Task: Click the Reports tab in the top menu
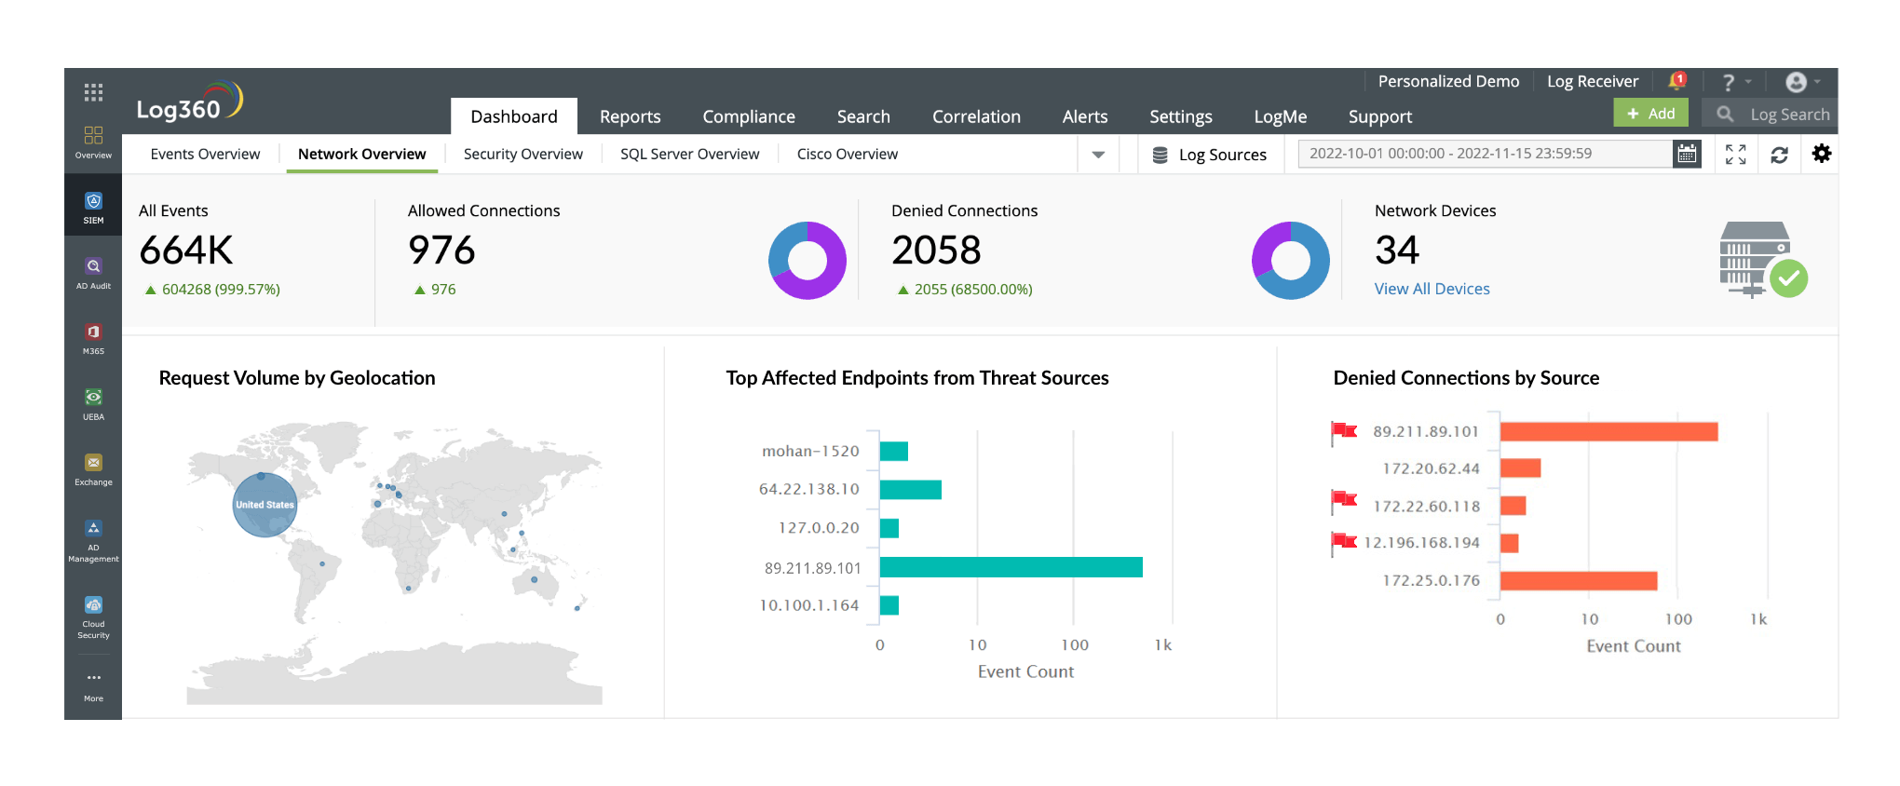point(630,116)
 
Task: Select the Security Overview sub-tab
point(522,154)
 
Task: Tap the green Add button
point(1650,114)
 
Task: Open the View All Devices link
point(1432,289)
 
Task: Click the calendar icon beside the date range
point(1687,154)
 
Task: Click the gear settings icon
point(1822,154)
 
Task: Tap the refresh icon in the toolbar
point(1779,155)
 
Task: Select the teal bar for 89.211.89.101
point(1011,567)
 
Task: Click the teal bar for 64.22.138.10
point(910,489)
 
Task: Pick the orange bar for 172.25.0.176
point(1578,580)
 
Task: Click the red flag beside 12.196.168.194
point(1344,541)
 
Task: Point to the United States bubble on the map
point(265,505)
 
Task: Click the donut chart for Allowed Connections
point(807,261)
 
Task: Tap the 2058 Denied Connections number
point(936,250)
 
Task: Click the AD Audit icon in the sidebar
point(93,273)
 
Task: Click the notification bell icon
point(1676,81)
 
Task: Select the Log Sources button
point(1210,155)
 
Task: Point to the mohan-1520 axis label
point(810,451)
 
